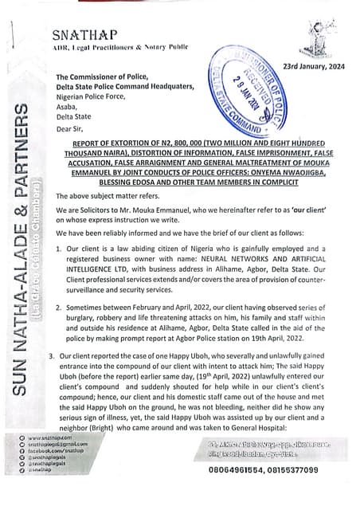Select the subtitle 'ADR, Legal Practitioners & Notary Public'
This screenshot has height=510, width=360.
coord(119,48)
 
